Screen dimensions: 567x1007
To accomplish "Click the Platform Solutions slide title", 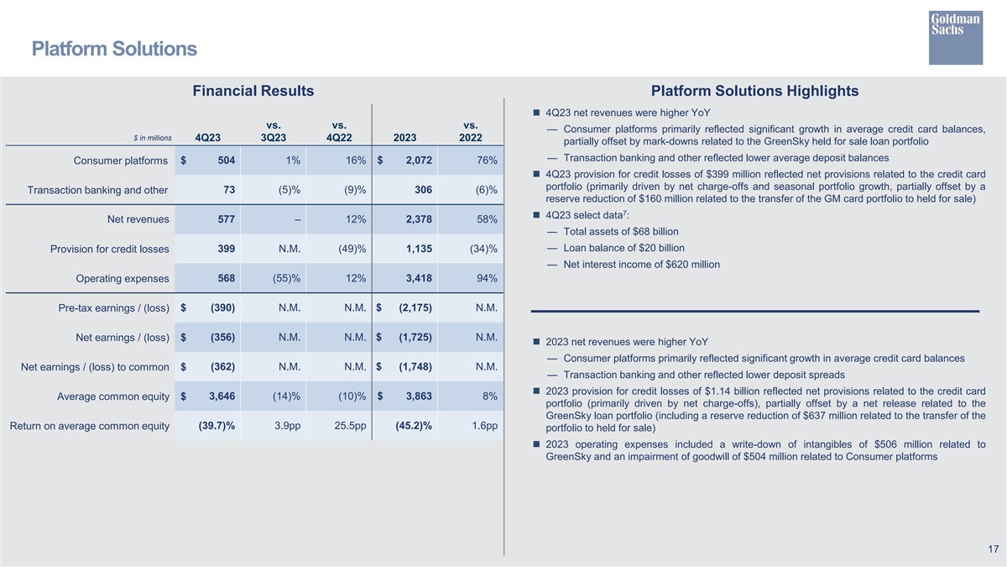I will [114, 49].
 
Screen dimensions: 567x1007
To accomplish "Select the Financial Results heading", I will [253, 91].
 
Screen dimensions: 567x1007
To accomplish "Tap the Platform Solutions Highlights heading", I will [754, 91].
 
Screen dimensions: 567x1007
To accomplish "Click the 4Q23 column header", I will [207, 138].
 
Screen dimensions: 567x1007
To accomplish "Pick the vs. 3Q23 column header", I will [273, 132].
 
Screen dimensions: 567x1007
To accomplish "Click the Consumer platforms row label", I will [120, 160].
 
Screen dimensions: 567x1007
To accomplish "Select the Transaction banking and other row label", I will [97, 190].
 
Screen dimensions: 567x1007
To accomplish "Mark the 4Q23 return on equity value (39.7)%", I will [216, 426].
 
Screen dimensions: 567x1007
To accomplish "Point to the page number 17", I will [993, 549].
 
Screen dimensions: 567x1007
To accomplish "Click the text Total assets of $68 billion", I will [621, 232].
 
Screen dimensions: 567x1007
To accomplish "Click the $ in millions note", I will [152, 138].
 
